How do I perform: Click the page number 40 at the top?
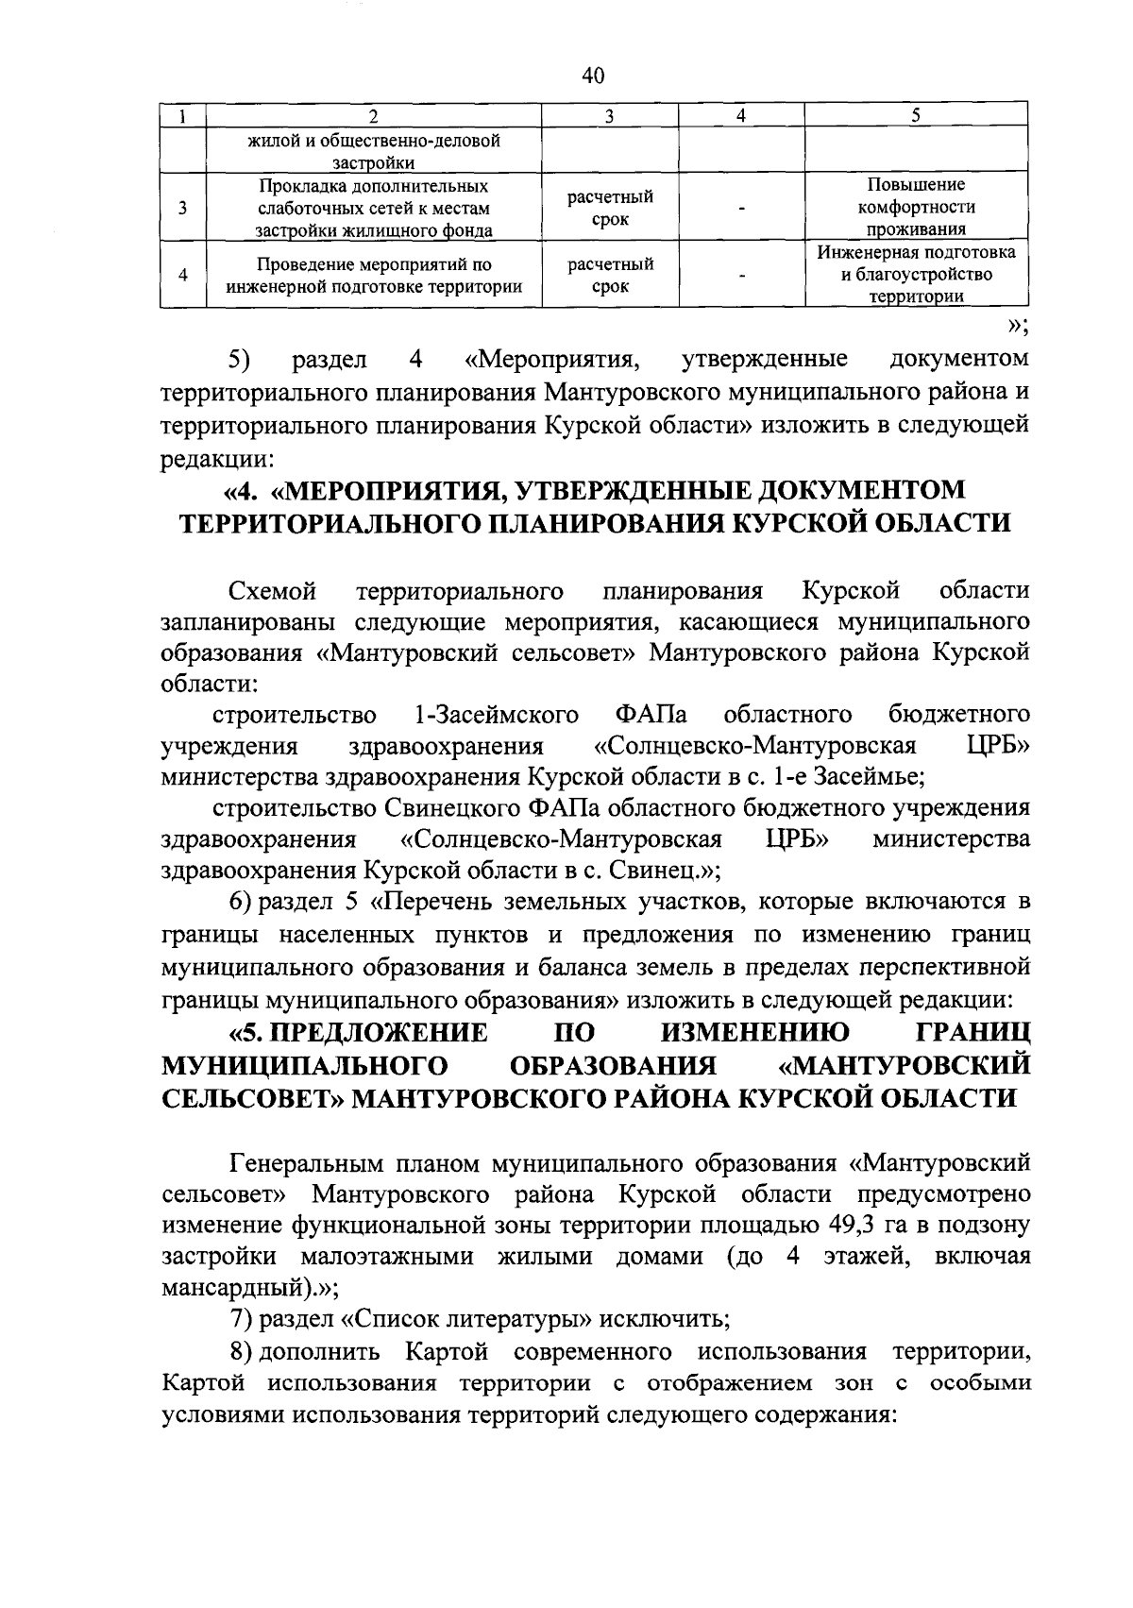[x=594, y=76]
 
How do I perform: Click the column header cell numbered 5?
[x=915, y=116]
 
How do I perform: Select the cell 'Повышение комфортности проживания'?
[x=916, y=207]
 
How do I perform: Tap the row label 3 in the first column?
[x=182, y=207]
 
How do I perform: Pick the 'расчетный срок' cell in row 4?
[x=610, y=275]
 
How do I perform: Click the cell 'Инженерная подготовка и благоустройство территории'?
[x=916, y=275]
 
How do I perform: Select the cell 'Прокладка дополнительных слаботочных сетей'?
[x=374, y=207]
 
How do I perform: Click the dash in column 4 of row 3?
[x=743, y=209]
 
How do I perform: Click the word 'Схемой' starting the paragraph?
[x=272, y=592]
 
